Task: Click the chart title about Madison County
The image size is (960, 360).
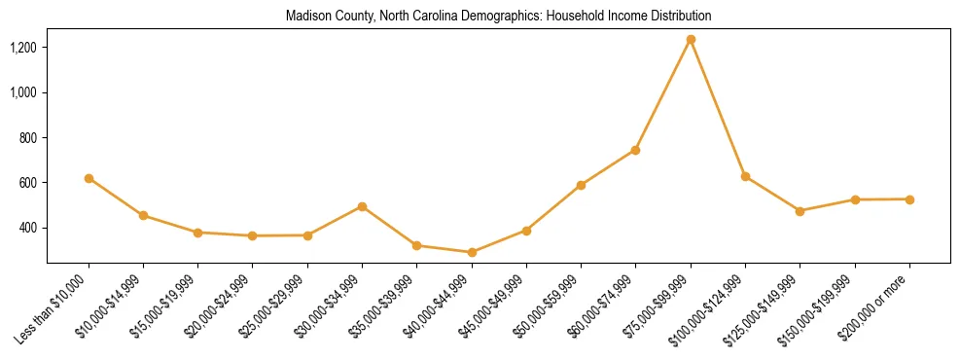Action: point(498,17)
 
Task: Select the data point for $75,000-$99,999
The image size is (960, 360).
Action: point(691,40)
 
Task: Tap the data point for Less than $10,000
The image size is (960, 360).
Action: point(89,178)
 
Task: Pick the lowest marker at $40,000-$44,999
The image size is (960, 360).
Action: point(472,252)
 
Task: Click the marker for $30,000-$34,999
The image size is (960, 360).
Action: point(362,206)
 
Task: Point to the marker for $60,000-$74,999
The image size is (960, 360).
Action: point(635,150)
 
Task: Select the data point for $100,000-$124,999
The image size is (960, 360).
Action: point(745,176)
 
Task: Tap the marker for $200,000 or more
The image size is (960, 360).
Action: point(909,199)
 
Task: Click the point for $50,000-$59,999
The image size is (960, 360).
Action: point(581,185)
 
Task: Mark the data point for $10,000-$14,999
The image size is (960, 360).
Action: point(143,215)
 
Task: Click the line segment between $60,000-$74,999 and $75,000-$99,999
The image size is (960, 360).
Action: point(663,94)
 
